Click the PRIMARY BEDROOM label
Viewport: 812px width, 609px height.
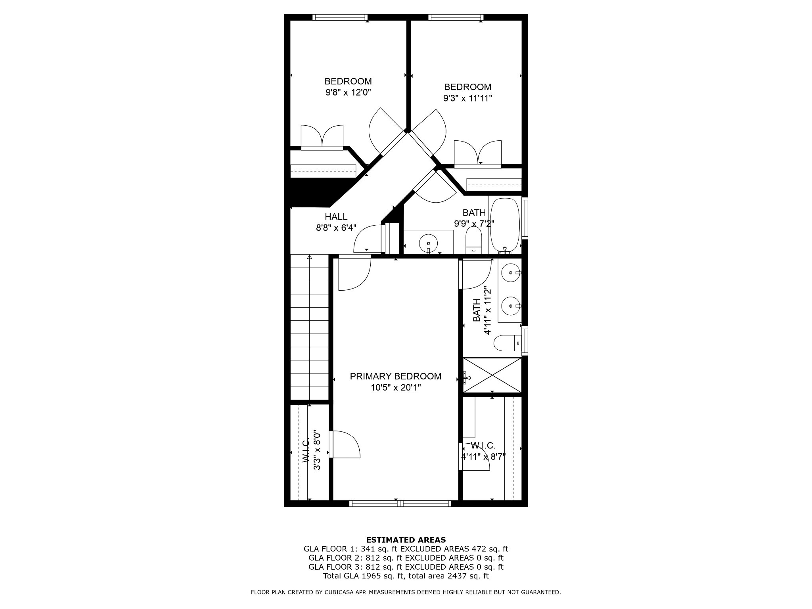pyautogui.click(x=395, y=376)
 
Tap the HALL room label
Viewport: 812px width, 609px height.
pyautogui.click(x=336, y=217)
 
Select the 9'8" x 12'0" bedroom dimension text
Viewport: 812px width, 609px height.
pyautogui.click(x=348, y=92)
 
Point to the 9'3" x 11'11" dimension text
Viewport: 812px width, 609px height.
pyautogui.click(x=467, y=98)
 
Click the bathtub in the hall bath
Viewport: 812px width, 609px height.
pyautogui.click(x=505, y=225)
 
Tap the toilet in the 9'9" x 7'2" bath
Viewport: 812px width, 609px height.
pyautogui.click(x=473, y=240)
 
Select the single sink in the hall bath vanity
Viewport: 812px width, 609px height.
pyautogui.click(x=428, y=241)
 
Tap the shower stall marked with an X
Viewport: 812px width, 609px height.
pyautogui.click(x=492, y=375)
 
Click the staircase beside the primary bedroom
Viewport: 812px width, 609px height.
pyautogui.click(x=310, y=327)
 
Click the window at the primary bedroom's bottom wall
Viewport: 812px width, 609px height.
pyautogui.click(x=400, y=504)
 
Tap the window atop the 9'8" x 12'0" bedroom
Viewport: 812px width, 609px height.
pyautogui.click(x=340, y=17)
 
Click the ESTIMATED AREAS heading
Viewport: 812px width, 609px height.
pyautogui.click(x=406, y=540)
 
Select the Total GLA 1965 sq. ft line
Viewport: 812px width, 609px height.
pyautogui.click(x=406, y=576)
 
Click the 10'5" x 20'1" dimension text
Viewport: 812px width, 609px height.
pyautogui.click(x=396, y=387)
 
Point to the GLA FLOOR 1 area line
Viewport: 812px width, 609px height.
pyautogui.click(x=406, y=549)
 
